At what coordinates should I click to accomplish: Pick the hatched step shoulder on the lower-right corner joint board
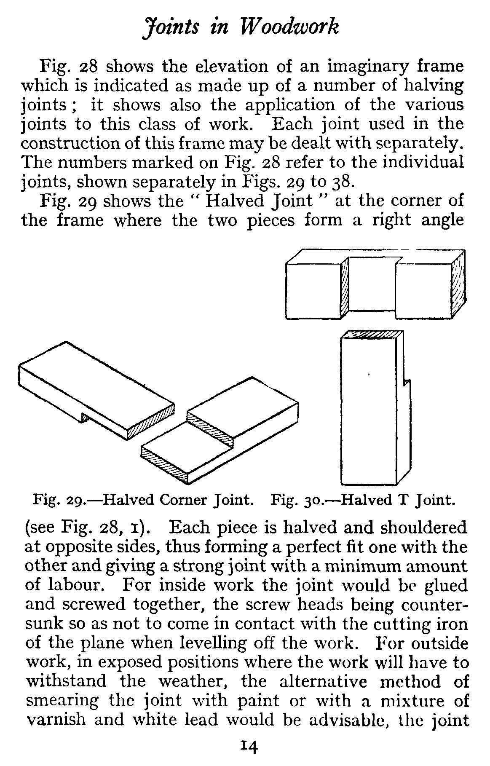[x=210, y=428]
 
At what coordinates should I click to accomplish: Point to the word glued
[x=447, y=585]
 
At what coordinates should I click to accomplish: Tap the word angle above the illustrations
[x=443, y=221]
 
